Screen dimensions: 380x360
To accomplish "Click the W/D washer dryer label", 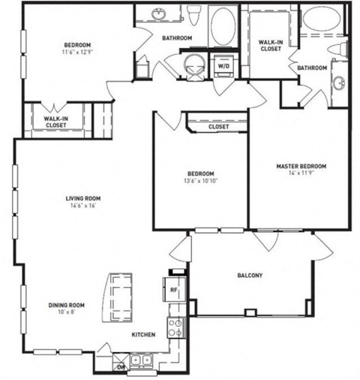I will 224,65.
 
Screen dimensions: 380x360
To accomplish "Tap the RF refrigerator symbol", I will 172,288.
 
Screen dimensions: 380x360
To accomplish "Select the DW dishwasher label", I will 120,367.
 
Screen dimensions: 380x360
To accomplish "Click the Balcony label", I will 251,276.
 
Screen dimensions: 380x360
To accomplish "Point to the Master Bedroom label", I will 301,166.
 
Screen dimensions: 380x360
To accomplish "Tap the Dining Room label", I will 67,305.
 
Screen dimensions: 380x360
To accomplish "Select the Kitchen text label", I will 143,334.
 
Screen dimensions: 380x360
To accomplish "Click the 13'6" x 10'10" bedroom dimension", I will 200,180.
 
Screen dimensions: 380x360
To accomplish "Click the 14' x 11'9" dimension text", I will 301,173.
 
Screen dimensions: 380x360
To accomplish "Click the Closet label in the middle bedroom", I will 218,127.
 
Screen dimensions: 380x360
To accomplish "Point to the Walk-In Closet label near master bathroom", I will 270,45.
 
